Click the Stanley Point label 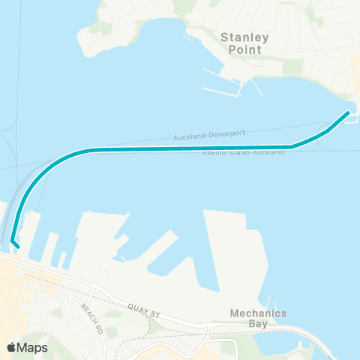point(241,43)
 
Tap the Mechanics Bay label point(259,319)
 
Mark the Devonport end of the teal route point(348,112)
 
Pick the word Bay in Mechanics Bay point(259,325)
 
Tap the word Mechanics point(259,313)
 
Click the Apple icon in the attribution point(11,347)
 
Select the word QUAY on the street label point(135,305)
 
